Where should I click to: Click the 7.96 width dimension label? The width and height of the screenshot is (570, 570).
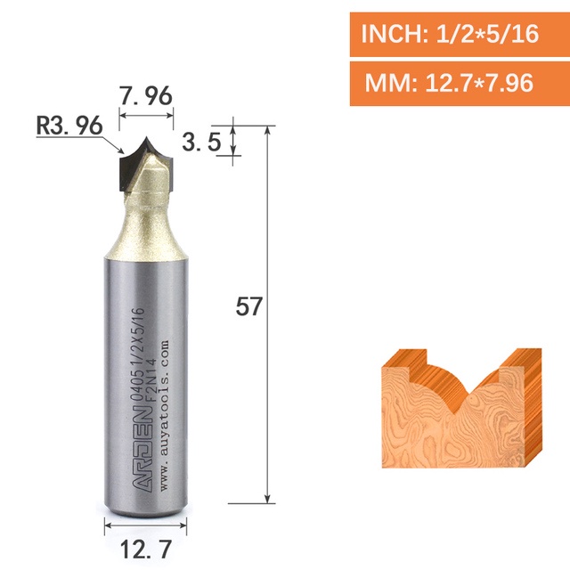coord(146,96)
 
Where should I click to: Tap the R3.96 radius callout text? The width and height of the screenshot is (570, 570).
coord(69,126)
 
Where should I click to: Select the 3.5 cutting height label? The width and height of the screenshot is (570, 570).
coord(201,142)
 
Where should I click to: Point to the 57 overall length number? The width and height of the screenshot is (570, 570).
coord(248,306)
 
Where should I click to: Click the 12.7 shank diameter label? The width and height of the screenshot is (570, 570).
coord(145,550)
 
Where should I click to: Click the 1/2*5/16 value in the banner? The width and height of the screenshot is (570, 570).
coord(487,34)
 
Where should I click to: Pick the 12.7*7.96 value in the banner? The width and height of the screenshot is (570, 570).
coord(479,83)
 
